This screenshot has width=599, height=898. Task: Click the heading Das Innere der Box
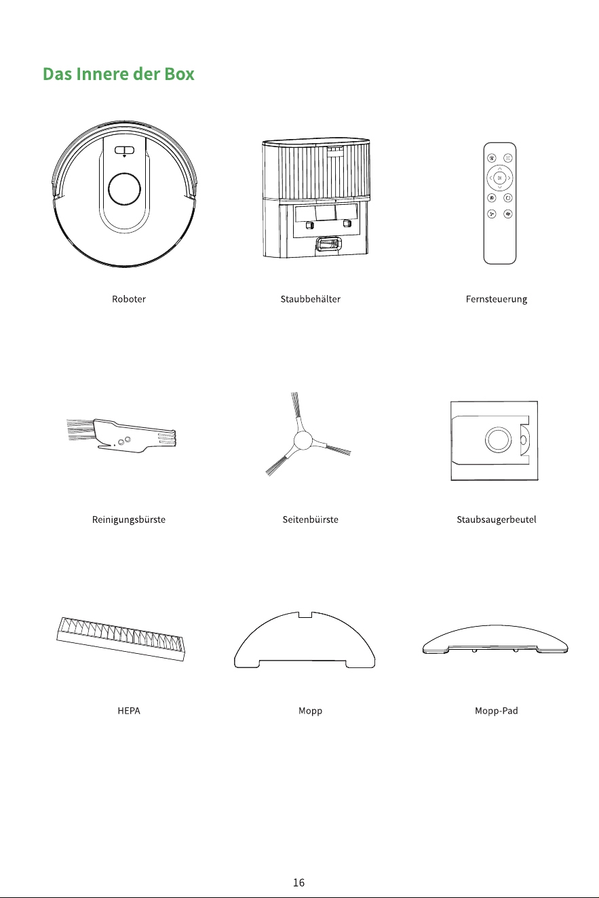(x=119, y=74)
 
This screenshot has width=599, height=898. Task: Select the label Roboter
(x=129, y=299)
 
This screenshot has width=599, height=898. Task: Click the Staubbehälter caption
(x=310, y=299)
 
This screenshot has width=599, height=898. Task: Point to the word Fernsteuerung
(x=497, y=300)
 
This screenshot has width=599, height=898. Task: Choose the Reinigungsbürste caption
(x=129, y=520)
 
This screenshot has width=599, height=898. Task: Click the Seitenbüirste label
(x=310, y=520)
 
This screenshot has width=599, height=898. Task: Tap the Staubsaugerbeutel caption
(x=497, y=520)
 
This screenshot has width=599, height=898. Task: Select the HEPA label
(x=129, y=711)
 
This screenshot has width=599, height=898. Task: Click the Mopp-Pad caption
(x=497, y=711)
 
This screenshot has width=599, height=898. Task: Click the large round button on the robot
(x=124, y=189)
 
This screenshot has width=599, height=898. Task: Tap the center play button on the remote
(x=499, y=177)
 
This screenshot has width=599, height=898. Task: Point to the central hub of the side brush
(x=303, y=441)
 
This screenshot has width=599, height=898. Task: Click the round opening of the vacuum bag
(x=498, y=440)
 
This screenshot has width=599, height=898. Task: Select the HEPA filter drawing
(x=121, y=639)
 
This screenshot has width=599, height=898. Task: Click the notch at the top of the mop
(x=305, y=614)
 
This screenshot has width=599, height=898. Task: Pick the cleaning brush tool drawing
(x=121, y=435)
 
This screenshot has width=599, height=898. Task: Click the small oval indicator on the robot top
(x=124, y=151)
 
